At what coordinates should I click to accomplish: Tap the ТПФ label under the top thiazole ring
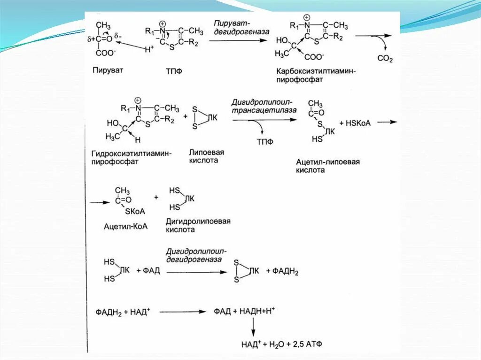click(x=174, y=71)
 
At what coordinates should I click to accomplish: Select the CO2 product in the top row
click(x=385, y=59)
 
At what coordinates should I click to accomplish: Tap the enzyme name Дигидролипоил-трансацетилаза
click(x=263, y=106)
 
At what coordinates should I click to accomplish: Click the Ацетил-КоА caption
click(x=125, y=226)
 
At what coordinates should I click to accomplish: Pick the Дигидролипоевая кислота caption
click(x=198, y=225)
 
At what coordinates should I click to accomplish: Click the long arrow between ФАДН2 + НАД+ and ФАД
click(x=182, y=312)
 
